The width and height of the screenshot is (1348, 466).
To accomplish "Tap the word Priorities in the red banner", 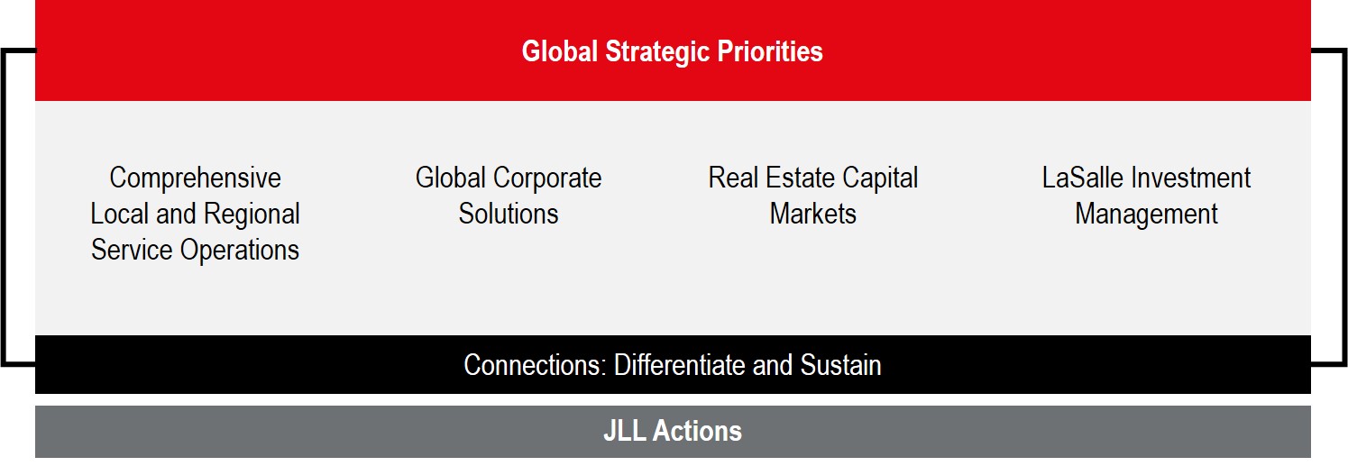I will point(770,51).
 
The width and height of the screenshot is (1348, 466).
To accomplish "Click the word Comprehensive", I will point(195,178).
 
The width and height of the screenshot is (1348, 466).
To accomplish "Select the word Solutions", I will point(509,215).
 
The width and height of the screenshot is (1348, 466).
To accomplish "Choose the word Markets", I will point(813,215).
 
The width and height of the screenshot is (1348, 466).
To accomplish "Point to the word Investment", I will point(1189,178).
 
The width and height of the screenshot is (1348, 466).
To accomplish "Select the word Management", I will point(1146,215).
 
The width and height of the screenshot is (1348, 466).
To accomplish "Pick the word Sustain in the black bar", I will point(839,365).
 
